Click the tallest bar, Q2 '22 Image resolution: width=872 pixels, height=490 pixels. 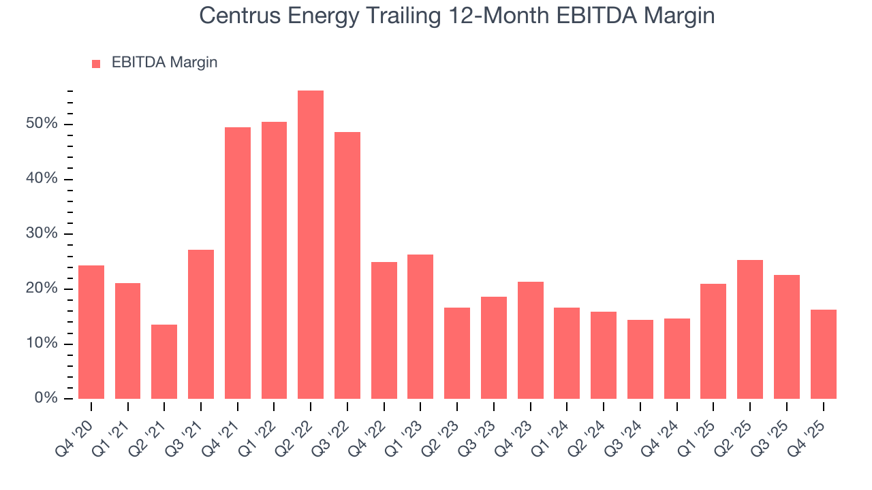311,245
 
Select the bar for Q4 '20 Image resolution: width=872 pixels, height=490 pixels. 91,332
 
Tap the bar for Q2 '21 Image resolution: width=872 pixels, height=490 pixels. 164,361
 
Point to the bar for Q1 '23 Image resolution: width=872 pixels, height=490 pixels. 420,327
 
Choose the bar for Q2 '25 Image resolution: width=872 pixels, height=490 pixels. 750,329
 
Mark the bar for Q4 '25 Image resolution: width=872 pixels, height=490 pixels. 823,354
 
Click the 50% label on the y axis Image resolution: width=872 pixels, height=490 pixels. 42,125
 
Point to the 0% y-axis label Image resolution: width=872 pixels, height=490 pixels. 45,398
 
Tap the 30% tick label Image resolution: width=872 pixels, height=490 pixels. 42,234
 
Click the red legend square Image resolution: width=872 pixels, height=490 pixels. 96,63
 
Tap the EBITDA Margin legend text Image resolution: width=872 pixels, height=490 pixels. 164,63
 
